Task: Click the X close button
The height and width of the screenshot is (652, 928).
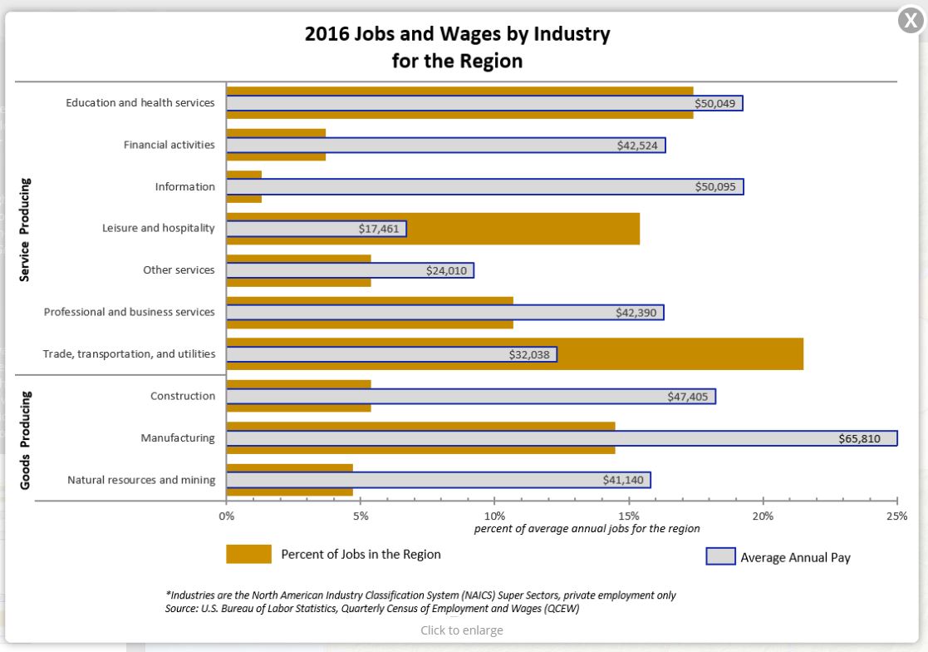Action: click(x=911, y=20)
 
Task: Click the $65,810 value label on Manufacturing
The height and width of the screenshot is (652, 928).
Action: click(x=859, y=439)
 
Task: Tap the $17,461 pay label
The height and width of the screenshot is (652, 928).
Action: click(x=379, y=229)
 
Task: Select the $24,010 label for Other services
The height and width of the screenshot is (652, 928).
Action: click(x=447, y=270)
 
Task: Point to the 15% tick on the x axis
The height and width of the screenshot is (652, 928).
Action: click(x=629, y=516)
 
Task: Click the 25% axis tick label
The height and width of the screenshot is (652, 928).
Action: click(x=896, y=516)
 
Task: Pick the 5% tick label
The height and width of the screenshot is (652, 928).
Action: click(x=361, y=516)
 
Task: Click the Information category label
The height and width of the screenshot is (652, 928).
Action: click(x=184, y=187)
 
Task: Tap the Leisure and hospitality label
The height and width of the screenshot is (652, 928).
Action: click(x=158, y=229)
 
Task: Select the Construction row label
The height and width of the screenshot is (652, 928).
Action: click(x=182, y=397)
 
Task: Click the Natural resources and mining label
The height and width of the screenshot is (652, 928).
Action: click(x=140, y=480)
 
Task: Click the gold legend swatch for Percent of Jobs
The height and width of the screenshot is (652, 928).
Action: click(x=248, y=555)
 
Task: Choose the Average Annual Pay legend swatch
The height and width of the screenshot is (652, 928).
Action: click(x=720, y=556)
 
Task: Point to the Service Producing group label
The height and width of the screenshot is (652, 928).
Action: click(x=25, y=229)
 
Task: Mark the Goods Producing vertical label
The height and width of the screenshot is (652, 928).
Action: click(x=25, y=439)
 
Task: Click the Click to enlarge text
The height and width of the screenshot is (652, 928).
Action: click(x=461, y=630)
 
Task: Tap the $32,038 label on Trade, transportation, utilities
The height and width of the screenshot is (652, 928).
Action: click(x=529, y=354)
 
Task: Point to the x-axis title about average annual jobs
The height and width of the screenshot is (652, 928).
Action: click(x=587, y=529)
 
